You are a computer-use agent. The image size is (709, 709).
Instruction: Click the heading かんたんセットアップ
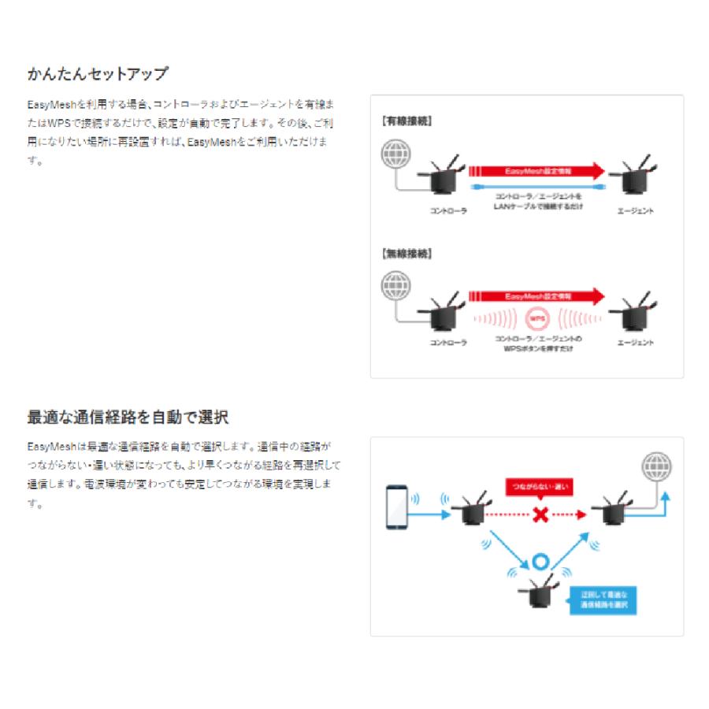click(x=98, y=74)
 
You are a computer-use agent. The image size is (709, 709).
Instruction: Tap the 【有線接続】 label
click(x=406, y=122)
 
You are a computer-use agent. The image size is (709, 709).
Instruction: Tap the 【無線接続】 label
click(x=406, y=254)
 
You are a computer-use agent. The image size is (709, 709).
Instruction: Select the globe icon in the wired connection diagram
click(x=395, y=154)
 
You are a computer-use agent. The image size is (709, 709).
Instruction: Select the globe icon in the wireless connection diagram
click(x=395, y=285)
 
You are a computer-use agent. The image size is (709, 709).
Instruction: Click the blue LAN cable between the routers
click(x=537, y=187)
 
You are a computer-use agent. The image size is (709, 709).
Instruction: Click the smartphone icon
click(x=396, y=508)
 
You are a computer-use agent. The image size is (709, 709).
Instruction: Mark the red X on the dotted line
click(x=540, y=514)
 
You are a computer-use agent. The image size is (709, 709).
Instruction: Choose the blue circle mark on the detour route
click(x=540, y=562)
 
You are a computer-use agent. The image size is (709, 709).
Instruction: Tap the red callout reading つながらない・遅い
click(x=540, y=486)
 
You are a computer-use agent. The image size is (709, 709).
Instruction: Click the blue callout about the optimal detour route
click(x=603, y=600)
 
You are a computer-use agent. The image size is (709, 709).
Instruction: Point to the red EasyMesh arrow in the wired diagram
click(x=536, y=170)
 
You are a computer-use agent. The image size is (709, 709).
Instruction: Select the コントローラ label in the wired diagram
click(x=448, y=211)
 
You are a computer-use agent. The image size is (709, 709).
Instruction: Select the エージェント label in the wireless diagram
click(x=636, y=343)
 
